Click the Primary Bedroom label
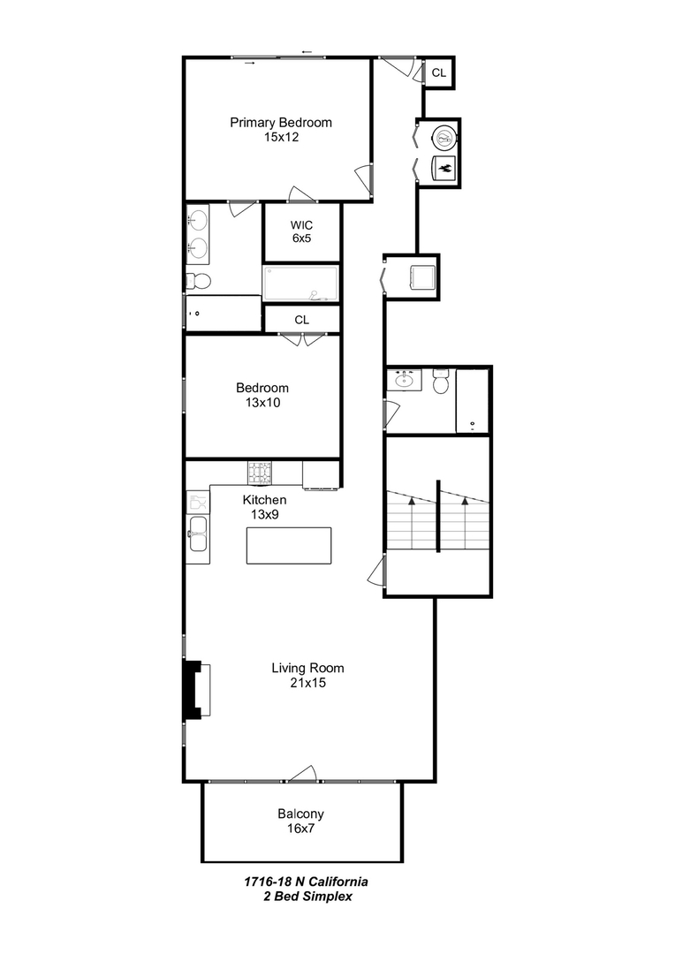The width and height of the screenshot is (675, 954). (281, 122)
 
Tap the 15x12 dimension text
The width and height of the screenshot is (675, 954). (281, 138)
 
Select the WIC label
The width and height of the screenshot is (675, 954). (301, 223)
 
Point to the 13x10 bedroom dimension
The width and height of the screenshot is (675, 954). (262, 403)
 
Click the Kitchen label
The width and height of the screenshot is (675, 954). (264, 500)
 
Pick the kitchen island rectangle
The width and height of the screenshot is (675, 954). (289, 545)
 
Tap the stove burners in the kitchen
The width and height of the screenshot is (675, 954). (260, 473)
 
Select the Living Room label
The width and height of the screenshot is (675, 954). (307, 668)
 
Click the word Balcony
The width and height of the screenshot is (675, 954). (300, 814)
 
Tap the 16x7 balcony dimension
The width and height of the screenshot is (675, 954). (300, 829)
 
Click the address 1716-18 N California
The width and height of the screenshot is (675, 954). (306, 882)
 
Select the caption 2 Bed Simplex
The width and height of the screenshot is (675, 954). (305, 896)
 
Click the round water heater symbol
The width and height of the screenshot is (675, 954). (444, 135)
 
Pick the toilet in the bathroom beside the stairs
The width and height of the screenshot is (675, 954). (441, 382)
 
